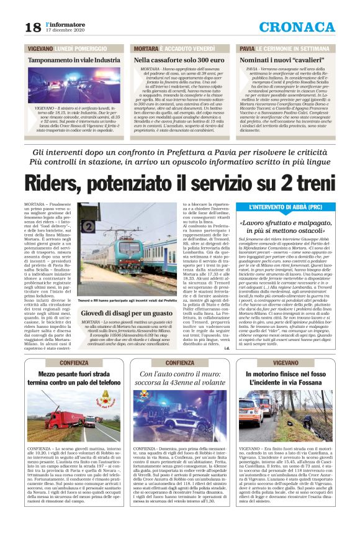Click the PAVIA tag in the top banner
[247, 48]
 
